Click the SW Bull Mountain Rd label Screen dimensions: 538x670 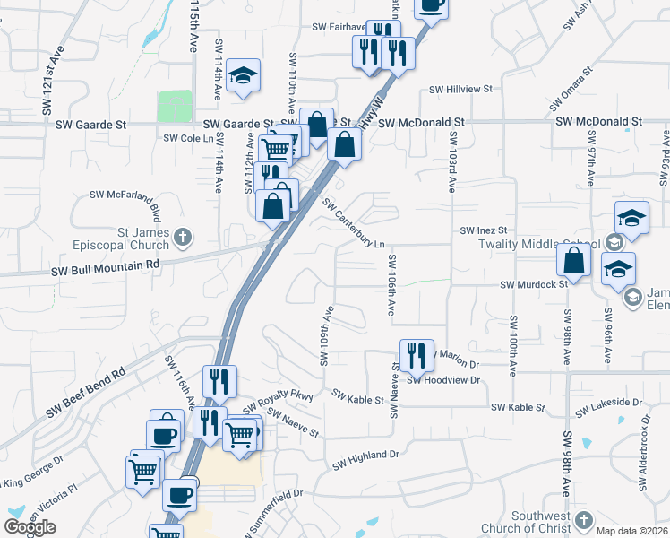click(104, 265)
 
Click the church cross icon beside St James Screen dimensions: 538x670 click(182, 238)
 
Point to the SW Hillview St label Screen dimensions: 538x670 click(461, 90)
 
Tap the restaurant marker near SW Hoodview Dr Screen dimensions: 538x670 click(417, 356)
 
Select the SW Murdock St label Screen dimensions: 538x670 click(534, 284)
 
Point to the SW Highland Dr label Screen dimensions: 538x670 click(365, 460)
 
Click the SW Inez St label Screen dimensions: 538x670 click(484, 230)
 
